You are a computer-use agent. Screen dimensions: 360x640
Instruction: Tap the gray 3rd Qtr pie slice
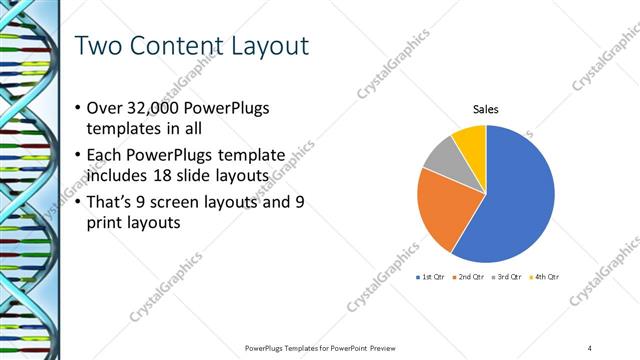click(441, 155)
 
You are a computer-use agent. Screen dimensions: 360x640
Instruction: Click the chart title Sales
click(486, 110)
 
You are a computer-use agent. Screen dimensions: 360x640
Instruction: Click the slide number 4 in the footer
click(590, 347)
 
